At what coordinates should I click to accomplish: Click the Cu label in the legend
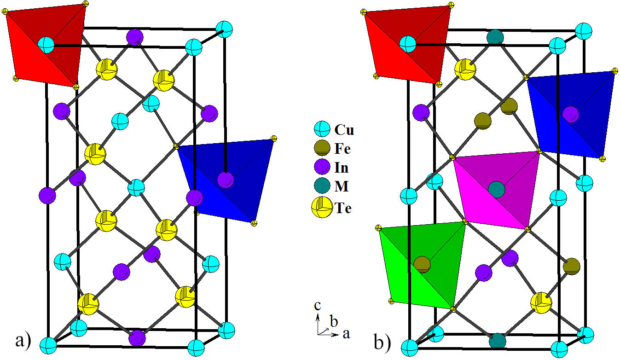click(x=344, y=130)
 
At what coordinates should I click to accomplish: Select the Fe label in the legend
click(x=343, y=149)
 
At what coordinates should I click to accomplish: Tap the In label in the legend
click(x=342, y=168)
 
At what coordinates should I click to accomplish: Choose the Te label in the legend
click(x=343, y=208)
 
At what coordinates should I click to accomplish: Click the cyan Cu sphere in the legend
click(x=321, y=130)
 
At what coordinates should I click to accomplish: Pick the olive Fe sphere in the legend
click(x=321, y=149)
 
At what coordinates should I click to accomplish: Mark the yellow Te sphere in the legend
click(x=321, y=208)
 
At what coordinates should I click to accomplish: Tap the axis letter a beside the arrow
click(x=346, y=334)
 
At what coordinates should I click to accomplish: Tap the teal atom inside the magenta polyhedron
click(x=496, y=189)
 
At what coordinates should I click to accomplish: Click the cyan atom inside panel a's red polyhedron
click(x=46, y=45)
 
